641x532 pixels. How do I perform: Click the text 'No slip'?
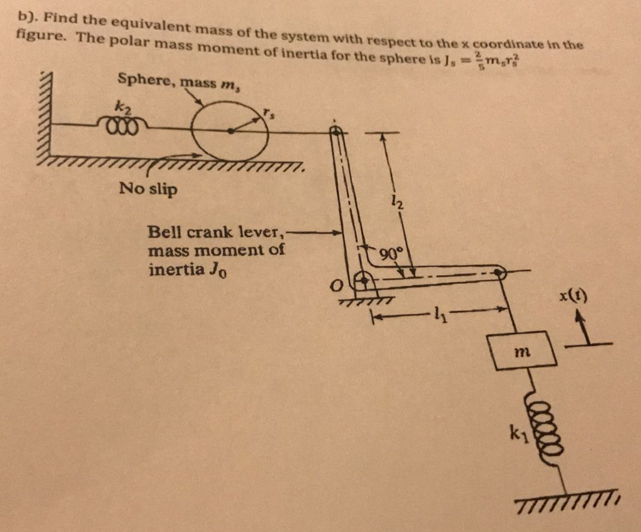148,189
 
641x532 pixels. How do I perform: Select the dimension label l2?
399,202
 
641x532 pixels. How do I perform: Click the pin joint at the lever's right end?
498,273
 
